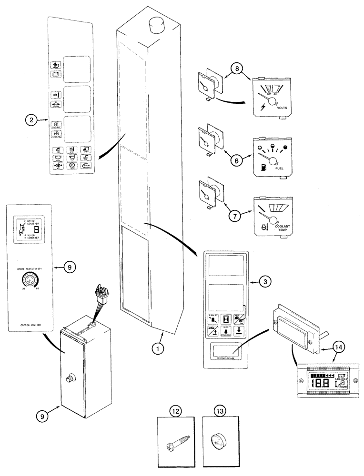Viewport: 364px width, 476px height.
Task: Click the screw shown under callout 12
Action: tap(176, 443)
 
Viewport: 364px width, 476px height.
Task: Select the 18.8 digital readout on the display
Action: tap(318, 382)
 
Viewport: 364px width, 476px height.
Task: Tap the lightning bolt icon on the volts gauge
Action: tap(263, 107)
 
